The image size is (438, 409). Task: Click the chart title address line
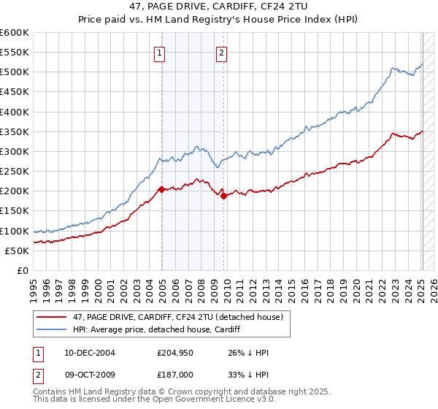[218, 8]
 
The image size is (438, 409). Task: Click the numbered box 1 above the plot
[159, 52]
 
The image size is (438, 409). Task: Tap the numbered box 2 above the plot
[220, 52]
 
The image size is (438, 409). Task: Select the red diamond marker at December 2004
[161, 188]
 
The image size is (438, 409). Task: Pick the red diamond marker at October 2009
[224, 196]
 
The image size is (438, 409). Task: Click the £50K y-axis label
[18, 251]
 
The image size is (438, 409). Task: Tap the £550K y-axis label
[16, 53]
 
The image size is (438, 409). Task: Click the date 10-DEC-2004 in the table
[89, 352]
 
